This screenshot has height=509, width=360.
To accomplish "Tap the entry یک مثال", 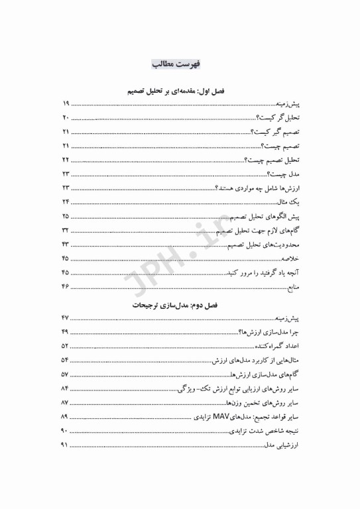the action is click(x=285, y=201).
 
